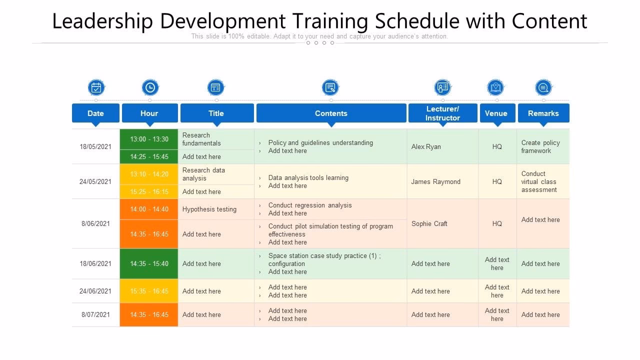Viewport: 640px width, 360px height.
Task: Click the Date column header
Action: tap(95, 113)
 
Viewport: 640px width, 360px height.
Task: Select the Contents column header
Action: tap(331, 113)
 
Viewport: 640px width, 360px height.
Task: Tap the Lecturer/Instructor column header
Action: tap(442, 113)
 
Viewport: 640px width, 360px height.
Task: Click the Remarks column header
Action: tap(543, 113)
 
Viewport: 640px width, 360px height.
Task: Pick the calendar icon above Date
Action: tap(96, 87)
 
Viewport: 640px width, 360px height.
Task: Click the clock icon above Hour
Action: tap(150, 87)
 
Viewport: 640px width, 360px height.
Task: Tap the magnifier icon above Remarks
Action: tap(543, 87)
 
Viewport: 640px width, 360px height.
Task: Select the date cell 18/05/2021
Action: tap(95, 146)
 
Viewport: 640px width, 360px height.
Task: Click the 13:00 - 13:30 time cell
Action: tap(149, 139)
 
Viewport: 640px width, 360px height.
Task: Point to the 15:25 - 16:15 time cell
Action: tap(149, 191)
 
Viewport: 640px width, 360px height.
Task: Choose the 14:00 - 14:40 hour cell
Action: tap(149, 209)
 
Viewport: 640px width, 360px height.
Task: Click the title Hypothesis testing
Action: tap(209, 209)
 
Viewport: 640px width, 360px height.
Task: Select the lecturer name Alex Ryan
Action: tap(426, 146)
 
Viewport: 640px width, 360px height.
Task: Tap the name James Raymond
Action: tap(435, 181)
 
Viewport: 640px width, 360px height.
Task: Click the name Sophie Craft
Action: tap(429, 223)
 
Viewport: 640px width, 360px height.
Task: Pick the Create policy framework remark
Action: tap(540, 146)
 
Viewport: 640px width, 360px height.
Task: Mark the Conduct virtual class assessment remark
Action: tap(538, 181)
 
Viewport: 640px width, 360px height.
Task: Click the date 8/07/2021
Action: tap(95, 314)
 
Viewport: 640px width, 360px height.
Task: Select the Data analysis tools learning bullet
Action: tap(308, 177)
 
